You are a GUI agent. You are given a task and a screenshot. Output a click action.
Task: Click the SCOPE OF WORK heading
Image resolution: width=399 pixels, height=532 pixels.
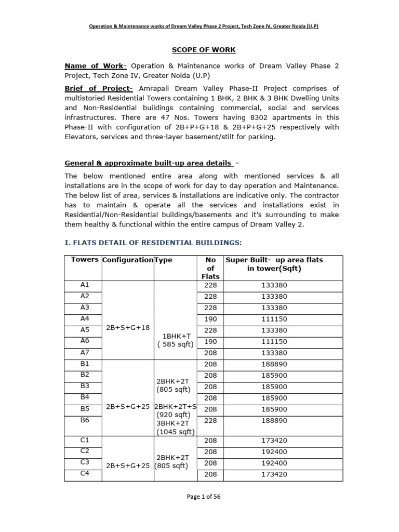click(204, 50)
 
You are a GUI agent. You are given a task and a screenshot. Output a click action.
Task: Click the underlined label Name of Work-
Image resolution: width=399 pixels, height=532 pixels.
click(96, 66)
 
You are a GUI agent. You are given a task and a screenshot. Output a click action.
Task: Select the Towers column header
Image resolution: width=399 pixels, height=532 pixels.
click(84, 259)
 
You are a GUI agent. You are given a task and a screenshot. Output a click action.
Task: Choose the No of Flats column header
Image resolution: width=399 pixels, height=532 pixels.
click(210, 268)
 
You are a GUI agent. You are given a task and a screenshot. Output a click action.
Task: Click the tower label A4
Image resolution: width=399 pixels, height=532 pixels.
click(85, 318)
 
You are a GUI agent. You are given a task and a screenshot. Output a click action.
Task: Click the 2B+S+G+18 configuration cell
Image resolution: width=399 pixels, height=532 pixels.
click(127, 327)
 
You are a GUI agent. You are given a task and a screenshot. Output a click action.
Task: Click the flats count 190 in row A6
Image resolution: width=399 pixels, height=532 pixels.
click(210, 340)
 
